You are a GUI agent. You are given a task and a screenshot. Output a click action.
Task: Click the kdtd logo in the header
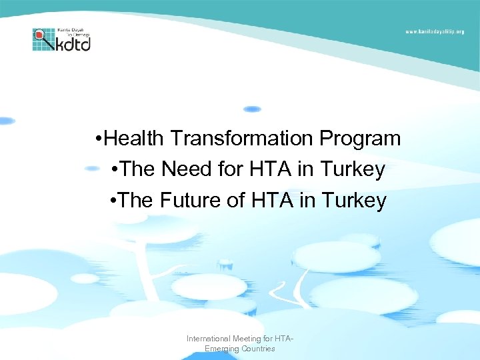pyautogui.click(x=61, y=39)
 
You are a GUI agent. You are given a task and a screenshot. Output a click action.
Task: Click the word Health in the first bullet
pyautogui.click(x=135, y=139)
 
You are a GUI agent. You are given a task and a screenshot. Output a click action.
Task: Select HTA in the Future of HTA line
pyautogui.click(x=273, y=200)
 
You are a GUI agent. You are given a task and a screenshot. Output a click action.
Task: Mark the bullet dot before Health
pyautogui.click(x=99, y=139)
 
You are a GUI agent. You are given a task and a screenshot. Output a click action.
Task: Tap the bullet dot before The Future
pyautogui.click(x=115, y=201)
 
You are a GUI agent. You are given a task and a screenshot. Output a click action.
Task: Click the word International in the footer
pyautogui.click(x=208, y=339)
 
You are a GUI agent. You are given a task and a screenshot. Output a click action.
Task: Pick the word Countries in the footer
pyautogui.click(x=257, y=349)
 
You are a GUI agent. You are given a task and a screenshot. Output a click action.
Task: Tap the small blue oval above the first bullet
pyautogui.click(x=252, y=109)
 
